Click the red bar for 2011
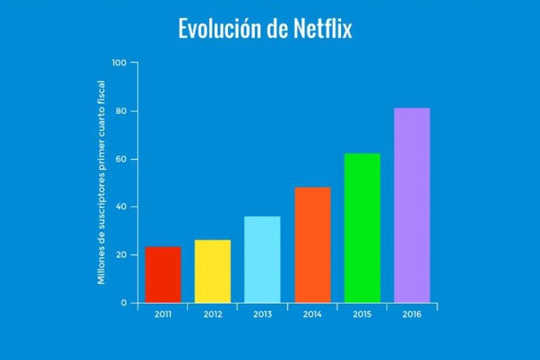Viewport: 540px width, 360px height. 163,275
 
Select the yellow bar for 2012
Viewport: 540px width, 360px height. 212,271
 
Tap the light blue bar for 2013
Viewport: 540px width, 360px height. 262,260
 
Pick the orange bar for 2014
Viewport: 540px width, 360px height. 312,245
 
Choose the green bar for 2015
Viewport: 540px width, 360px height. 362,228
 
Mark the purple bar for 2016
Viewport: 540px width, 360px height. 411,205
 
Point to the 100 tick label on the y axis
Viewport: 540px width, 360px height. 119,62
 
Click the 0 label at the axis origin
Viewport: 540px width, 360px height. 124,303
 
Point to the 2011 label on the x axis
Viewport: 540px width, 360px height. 163,314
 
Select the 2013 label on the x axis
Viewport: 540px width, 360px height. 262,314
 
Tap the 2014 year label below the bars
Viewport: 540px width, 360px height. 312,314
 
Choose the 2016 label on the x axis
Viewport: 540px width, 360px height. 412,314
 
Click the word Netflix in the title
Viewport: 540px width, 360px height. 321,29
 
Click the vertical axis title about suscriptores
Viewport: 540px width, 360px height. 102,183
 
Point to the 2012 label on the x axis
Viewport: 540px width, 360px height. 212,314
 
